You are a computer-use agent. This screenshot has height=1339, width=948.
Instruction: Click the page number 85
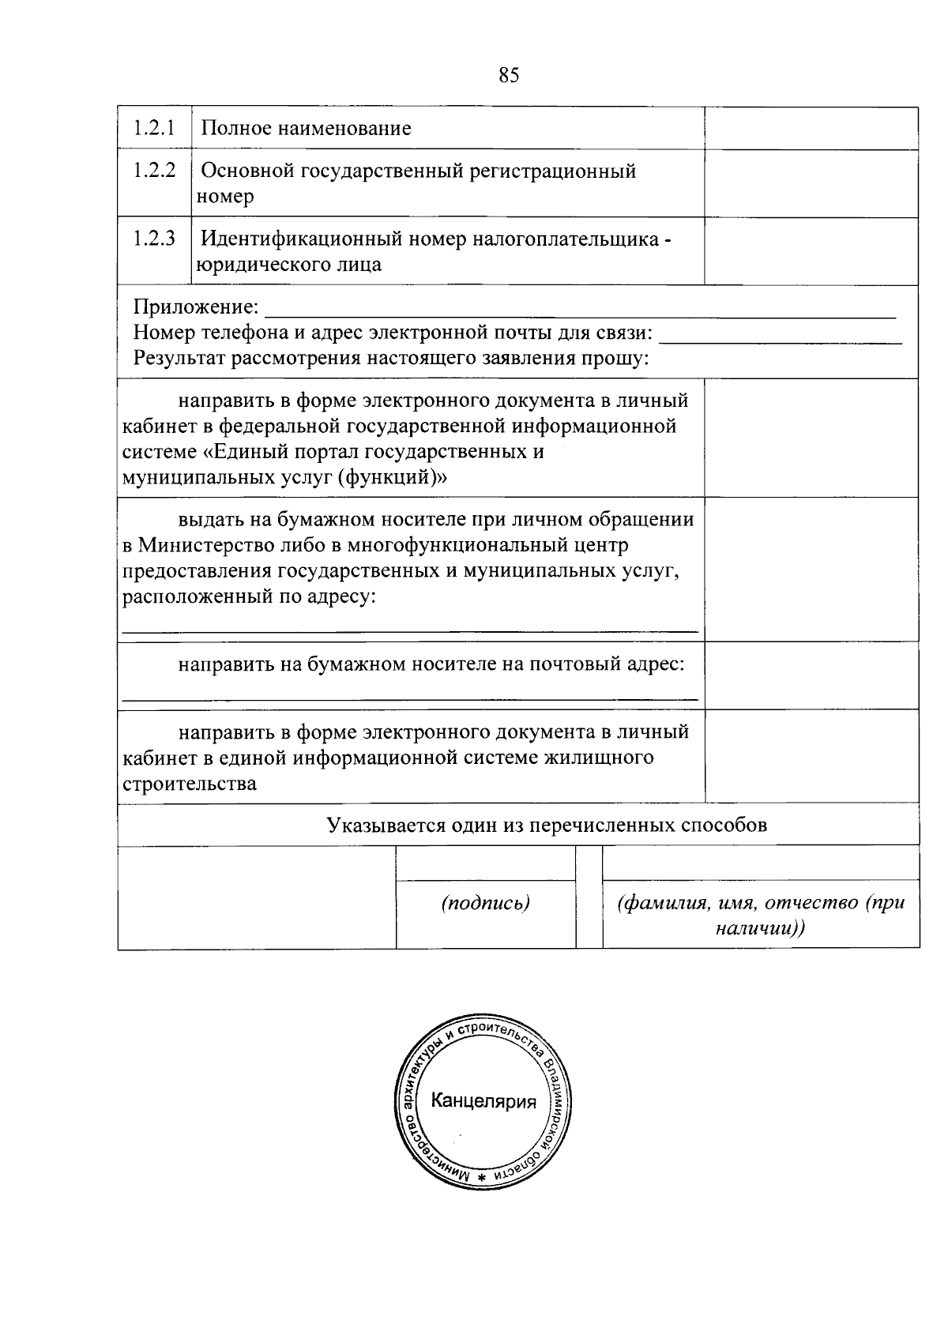pyautogui.click(x=509, y=75)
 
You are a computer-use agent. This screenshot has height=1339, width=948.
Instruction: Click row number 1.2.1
pyautogui.click(x=154, y=127)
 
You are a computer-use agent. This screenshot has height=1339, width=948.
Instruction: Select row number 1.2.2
pyautogui.click(x=154, y=170)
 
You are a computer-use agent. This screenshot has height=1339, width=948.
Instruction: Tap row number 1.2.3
pyautogui.click(x=154, y=238)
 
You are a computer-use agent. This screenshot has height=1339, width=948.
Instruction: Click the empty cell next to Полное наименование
pyautogui.click(x=811, y=128)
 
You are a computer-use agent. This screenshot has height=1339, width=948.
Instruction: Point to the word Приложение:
pyautogui.click(x=195, y=307)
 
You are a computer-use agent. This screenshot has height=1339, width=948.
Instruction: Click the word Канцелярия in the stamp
pyautogui.click(x=483, y=1101)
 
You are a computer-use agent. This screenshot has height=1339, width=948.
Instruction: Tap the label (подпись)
pyautogui.click(x=485, y=903)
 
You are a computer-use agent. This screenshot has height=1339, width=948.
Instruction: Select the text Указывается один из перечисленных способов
pyautogui.click(x=547, y=826)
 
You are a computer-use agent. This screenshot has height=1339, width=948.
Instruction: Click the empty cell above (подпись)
pyautogui.click(x=485, y=863)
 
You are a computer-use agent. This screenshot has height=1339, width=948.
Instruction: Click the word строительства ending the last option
pyautogui.click(x=189, y=784)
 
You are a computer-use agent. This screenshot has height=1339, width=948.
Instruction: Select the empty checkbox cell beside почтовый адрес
pyautogui.click(x=811, y=675)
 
